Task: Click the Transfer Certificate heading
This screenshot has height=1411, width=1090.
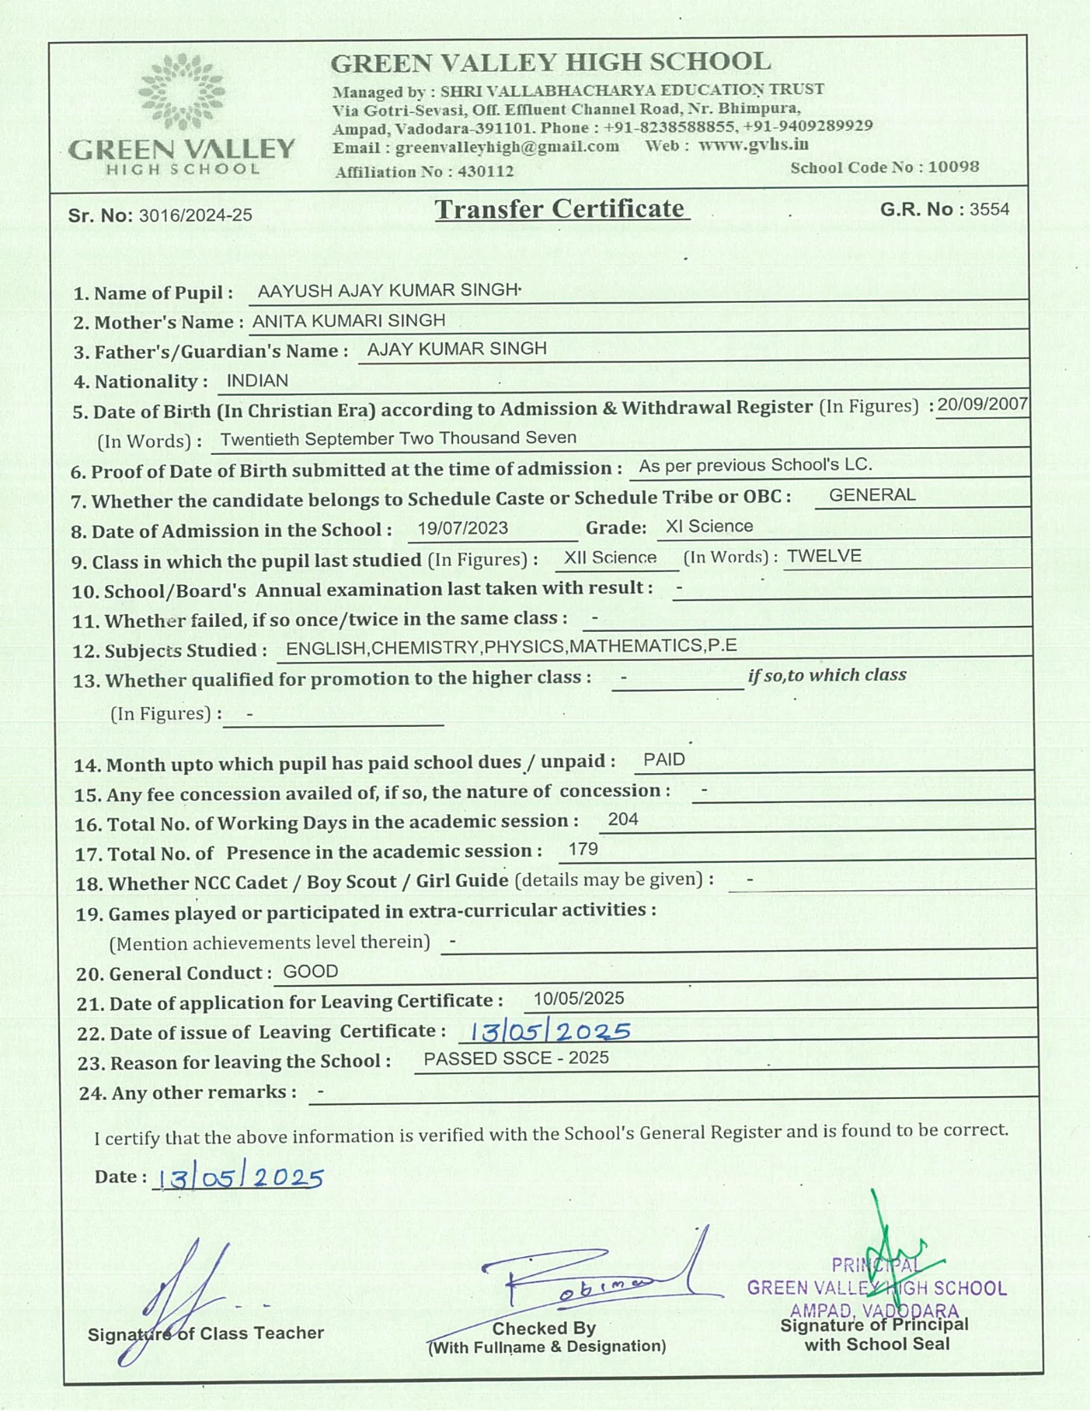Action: tap(560, 210)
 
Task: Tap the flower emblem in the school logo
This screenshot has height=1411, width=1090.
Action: tap(181, 91)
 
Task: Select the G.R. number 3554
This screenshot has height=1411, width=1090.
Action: tap(989, 210)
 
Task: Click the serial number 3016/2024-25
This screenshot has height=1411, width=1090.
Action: tap(196, 215)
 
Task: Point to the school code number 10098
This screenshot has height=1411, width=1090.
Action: tap(953, 167)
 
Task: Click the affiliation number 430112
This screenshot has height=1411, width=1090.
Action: tap(486, 171)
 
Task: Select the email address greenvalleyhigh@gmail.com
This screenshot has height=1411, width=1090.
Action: tap(507, 147)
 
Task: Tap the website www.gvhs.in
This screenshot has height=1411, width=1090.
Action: tap(753, 145)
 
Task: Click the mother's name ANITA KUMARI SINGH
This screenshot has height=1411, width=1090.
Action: tap(349, 321)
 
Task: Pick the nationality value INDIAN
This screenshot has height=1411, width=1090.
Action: tap(257, 381)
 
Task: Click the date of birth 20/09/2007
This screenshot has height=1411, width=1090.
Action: tap(982, 404)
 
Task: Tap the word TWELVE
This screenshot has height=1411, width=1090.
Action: tap(824, 556)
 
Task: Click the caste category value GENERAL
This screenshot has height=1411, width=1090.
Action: tap(872, 495)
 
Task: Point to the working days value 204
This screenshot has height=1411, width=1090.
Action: tap(623, 819)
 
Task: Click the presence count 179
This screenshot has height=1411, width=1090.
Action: tap(583, 849)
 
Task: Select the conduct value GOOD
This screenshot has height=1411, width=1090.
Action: tap(310, 971)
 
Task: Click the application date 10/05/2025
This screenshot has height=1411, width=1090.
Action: tap(579, 999)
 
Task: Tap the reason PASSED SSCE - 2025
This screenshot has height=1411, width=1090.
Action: tap(516, 1059)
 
